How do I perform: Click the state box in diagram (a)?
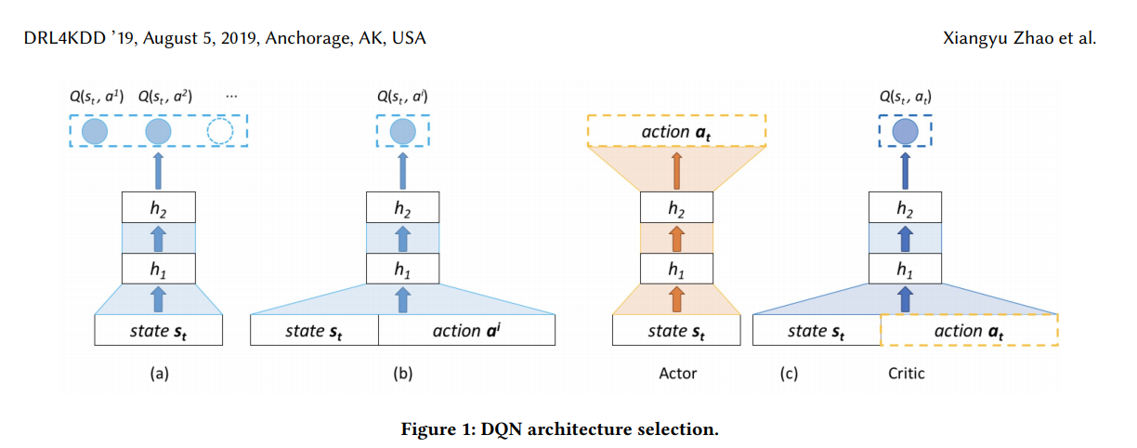[159, 330]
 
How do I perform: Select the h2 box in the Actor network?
[676, 207]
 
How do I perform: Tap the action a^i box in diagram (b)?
[466, 330]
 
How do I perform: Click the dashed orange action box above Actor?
[676, 132]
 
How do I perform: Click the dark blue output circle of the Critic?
[905, 132]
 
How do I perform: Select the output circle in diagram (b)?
[402, 132]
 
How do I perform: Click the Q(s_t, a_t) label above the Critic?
[905, 96]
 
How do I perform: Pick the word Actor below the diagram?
[676, 374]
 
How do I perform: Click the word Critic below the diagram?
[906, 374]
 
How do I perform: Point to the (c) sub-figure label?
[791, 374]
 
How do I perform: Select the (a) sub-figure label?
[159, 374]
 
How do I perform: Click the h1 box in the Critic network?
[905, 270]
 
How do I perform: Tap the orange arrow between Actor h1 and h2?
[676, 239]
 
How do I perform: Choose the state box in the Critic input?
[816, 330]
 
